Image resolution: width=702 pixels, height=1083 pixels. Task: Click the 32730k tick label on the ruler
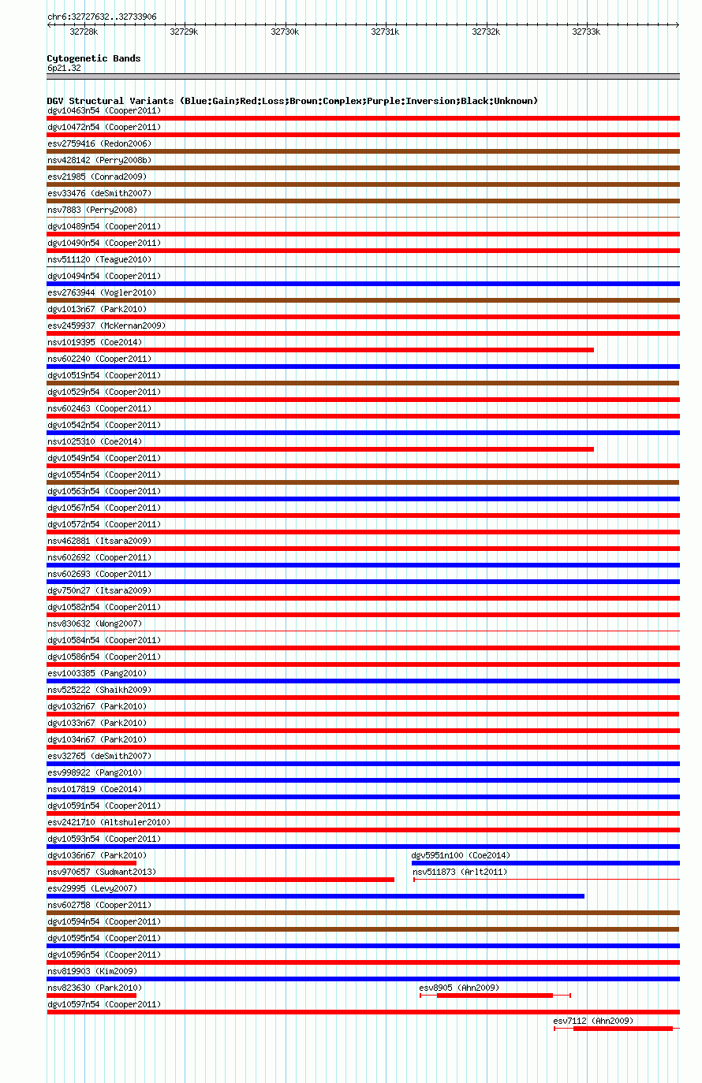point(285,32)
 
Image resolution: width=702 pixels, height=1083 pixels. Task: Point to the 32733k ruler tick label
point(586,32)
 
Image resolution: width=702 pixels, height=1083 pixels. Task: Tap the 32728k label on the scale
point(84,32)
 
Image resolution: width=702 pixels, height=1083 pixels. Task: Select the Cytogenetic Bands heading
point(94,58)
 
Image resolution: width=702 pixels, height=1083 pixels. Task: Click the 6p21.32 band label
point(64,68)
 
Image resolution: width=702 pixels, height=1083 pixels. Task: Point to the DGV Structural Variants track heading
point(292,101)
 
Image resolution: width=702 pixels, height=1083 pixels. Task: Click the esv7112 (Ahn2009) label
point(592,1021)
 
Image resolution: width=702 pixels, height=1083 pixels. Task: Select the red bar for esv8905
point(495,996)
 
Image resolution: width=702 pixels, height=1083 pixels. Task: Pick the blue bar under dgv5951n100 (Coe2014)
point(545,863)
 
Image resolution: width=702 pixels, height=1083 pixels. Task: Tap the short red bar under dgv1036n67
point(91,863)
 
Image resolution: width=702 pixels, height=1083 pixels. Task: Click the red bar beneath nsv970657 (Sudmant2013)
point(220,880)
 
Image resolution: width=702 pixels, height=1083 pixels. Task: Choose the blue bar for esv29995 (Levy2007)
point(316,896)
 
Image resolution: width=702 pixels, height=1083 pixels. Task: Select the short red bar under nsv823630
point(91,996)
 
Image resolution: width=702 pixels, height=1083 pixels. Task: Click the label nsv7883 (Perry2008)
point(92,210)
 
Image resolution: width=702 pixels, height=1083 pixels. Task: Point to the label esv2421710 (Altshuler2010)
point(109,822)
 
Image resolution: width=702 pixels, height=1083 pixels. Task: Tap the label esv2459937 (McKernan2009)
point(106,326)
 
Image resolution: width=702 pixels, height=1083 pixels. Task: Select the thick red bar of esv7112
point(622,1029)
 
